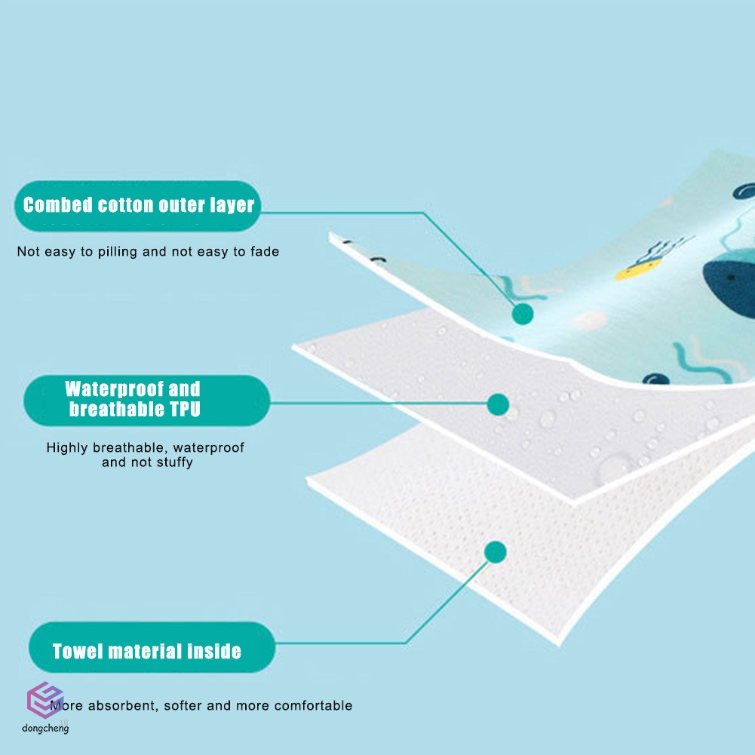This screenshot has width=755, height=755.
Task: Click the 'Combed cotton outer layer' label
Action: pos(138,205)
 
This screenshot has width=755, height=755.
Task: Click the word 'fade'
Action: pos(265,252)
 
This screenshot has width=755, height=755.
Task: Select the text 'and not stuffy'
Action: pos(147,462)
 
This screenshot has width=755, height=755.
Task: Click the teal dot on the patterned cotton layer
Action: pos(523,314)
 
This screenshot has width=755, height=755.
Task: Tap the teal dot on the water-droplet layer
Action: pos(498,404)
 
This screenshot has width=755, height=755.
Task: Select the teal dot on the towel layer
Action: pos(495,553)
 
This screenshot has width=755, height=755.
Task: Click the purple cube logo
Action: pos(45,701)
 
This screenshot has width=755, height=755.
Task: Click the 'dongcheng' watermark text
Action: pos(45,729)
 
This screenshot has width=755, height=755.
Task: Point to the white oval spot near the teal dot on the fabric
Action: pos(591,321)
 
